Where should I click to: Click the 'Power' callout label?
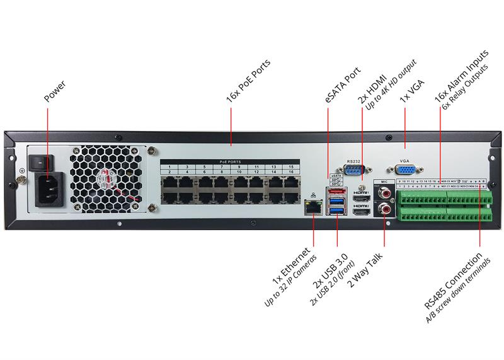coord(55,92)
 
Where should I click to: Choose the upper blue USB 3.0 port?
coord(336,201)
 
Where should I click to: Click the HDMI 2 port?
coord(361,213)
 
